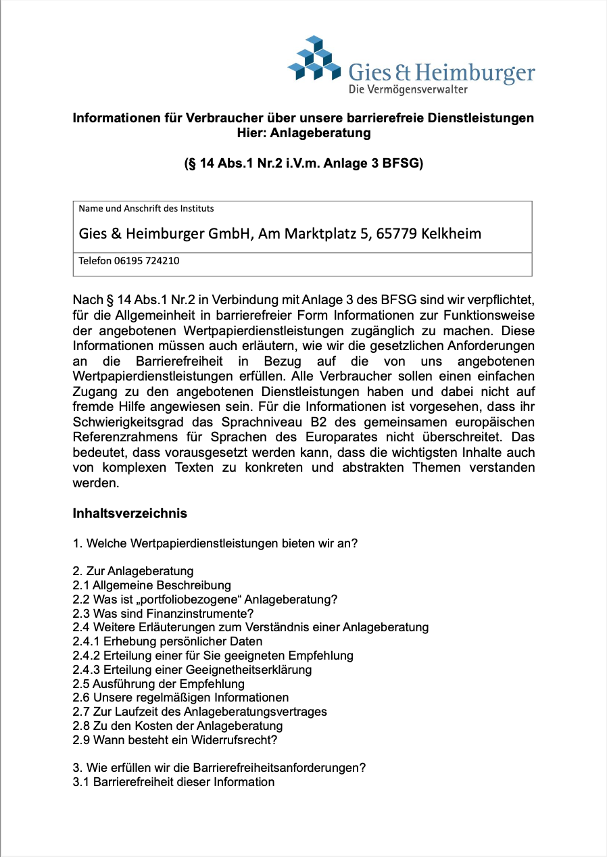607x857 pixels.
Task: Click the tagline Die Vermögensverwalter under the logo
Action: pyautogui.click(x=408, y=89)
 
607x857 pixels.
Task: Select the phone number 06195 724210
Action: pyautogui.click(x=146, y=260)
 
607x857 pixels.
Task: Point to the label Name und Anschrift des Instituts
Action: pyautogui.click(x=146, y=208)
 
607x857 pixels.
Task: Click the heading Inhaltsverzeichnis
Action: pyautogui.click(x=130, y=513)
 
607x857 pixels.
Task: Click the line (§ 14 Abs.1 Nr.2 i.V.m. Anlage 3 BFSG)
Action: pyautogui.click(x=303, y=164)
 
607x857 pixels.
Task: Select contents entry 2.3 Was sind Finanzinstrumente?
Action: pyautogui.click(x=163, y=613)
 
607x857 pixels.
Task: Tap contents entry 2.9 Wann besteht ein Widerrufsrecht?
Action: pyautogui.click(x=175, y=739)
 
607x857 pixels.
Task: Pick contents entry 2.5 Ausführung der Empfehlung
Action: pyautogui.click(x=158, y=683)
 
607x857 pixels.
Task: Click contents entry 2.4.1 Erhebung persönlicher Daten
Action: pyautogui.click(x=167, y=641)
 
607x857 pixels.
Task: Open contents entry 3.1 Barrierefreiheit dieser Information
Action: pyautogui.click(x=174, y=782)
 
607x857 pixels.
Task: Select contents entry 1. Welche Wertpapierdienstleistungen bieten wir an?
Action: pyautogui.click(x=215, y=543)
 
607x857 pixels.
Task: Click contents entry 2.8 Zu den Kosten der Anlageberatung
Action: pyautogui.click(x=178, y=725)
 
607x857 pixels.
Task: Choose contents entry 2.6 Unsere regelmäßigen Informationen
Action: pyautogui.click(x=180, y=697)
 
